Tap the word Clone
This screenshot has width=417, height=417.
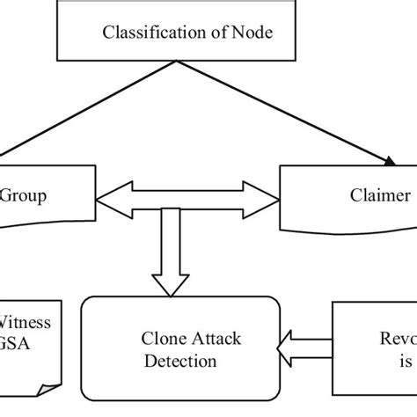(160, 338)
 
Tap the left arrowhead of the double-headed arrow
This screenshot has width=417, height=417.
(106, 203)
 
